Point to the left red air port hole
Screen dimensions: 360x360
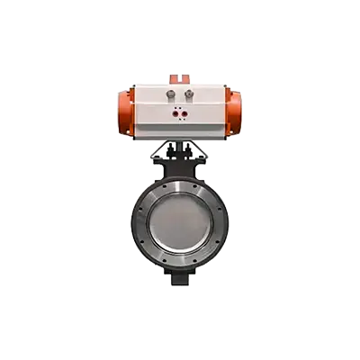[175, 115]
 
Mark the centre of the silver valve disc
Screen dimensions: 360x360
[179, 220]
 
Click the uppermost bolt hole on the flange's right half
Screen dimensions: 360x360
[211, 187]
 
